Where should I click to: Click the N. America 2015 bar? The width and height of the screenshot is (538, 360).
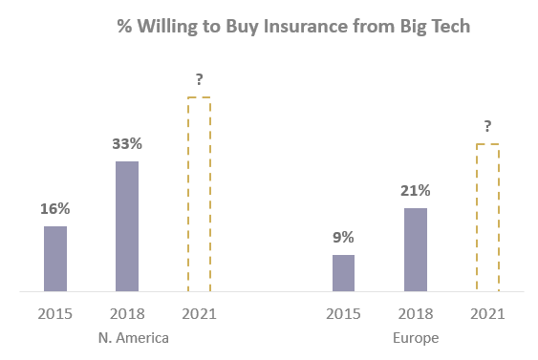pyautogui.click(x=55, y=259)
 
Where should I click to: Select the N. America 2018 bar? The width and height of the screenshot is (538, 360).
pyautogui.click(x=127, y=226)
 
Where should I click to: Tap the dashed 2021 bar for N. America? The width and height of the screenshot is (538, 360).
pyautogui.click(x=199, y=194)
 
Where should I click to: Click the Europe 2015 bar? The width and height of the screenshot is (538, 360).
pyautogui.click(x=343, y=273)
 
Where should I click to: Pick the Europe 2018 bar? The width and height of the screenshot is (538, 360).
pyautogui.click(x=416, y=249)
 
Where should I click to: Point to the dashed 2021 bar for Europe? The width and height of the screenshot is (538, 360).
pyautogui.click(x=487, y=218)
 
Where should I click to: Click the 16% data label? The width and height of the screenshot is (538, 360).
pyautogui.click(x=55, y=208)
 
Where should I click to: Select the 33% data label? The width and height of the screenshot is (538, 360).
pyautogui.click(x=127, y=143)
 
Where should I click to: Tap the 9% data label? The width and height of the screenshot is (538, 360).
pyautogui.click(x=343, y=237)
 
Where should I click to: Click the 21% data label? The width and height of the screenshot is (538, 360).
pyautogui.click(x=416, y=190)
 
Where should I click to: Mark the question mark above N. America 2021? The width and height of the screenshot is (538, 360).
pyautogui.click(x=199, y=79)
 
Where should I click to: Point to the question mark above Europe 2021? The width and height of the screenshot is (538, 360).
pyautogui.click(x=487, y=126)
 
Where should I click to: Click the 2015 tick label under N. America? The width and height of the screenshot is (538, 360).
pyautogui.click(x=55, y=313)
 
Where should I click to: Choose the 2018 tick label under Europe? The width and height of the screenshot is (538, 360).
pyautogui.click(x=416, y=313)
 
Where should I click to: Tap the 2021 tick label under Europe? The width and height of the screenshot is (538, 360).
pyautogui.click(x=487, y=313)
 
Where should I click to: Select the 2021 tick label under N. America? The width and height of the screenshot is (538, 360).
pyautogui.click(x=199, y=313)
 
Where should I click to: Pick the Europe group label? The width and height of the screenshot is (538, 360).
pyautogui.click(x=415, y=338)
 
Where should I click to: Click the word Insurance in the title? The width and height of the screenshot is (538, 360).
pyautogui.click(x=286, y=26)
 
